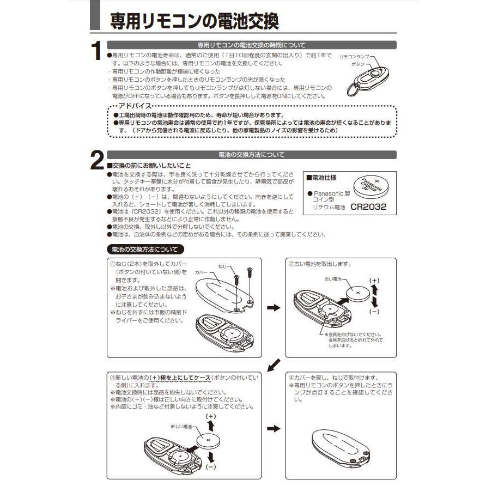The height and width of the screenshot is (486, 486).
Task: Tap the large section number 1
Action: pos(96,52)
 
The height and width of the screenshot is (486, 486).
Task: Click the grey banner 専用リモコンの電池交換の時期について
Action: pos(251,45)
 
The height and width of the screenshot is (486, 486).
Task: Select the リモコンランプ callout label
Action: pos(354,56)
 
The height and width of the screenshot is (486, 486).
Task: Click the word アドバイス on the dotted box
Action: pos(135,106)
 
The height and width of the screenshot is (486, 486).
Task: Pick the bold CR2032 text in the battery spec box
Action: pos(368,207)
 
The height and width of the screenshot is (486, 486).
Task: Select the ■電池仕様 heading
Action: pos(321,178)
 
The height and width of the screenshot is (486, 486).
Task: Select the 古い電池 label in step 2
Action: pos(332,278)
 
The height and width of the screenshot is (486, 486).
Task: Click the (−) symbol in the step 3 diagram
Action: pos(212,466)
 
